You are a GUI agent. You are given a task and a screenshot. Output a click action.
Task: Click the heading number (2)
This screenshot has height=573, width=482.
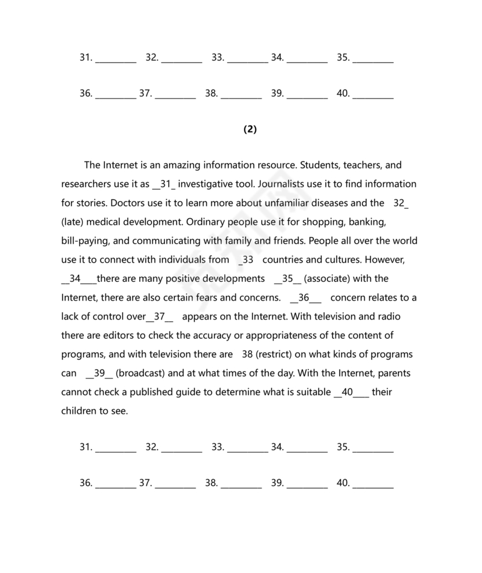click(250, 130)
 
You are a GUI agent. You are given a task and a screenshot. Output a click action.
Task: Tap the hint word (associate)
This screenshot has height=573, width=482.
click(347, 279)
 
